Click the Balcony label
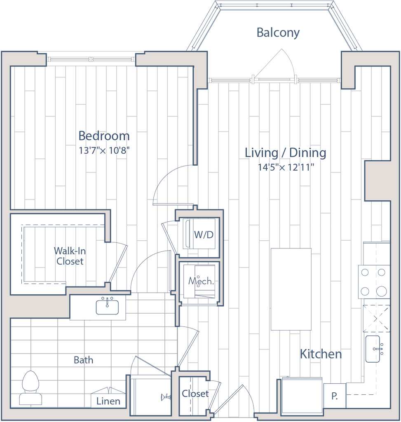click(x=278, y=33)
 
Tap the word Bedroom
click(x=104, y=135)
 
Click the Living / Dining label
click(x=286, y=153)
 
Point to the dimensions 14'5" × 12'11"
click(x=286, y=167)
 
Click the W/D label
click(x=204, y=235)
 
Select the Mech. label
click(x=201, y=281)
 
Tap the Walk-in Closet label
click(x=69, y=256)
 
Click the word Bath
click(x=84, y=360)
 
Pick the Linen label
click(x=108, y=401)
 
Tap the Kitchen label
click(x=321, y=354)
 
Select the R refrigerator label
click(x=335, y=396)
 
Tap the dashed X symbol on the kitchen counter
click(x=376, y=318)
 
